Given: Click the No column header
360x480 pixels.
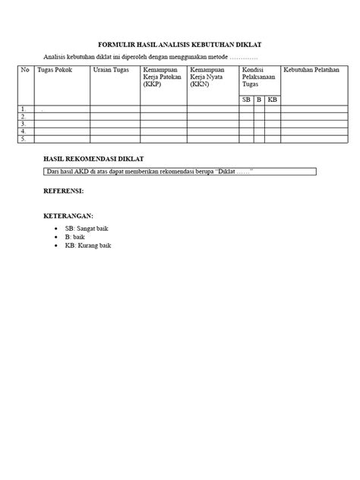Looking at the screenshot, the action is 25,69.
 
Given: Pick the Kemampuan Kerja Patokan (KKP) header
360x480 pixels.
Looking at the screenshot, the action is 163,76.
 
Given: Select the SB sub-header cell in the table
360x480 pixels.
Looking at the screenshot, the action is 246,99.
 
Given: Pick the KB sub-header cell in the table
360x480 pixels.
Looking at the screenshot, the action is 273,99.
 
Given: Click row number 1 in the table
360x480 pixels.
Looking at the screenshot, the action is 24,109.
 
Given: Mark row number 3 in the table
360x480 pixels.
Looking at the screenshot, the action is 24,124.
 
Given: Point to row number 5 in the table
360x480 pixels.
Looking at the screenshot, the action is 24,139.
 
